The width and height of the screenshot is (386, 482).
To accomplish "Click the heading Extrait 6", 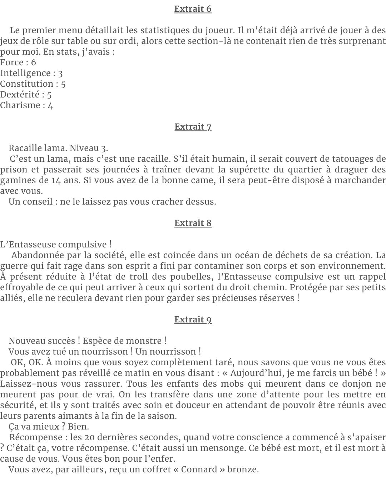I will coord(193,9).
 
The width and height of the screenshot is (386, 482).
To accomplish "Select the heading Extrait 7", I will coord(193,127).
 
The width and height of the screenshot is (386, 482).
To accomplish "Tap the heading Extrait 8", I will coord(193,223).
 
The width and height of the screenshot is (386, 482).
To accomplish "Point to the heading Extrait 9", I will coord(193,320).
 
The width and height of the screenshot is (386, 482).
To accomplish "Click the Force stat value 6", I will coord(34,62).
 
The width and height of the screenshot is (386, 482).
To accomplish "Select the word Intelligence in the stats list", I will coord(25,73).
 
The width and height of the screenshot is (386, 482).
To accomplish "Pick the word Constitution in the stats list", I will coord(27,84).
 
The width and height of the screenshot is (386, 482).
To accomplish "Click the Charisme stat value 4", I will coord(50,105).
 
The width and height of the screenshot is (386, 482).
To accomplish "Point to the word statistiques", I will coord(173,30).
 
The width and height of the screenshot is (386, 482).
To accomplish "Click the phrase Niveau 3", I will coord(89,148).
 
